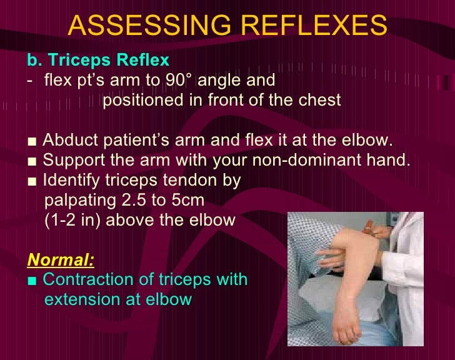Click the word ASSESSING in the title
tap(146, 26)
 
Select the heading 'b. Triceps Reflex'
tap(98, 61)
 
